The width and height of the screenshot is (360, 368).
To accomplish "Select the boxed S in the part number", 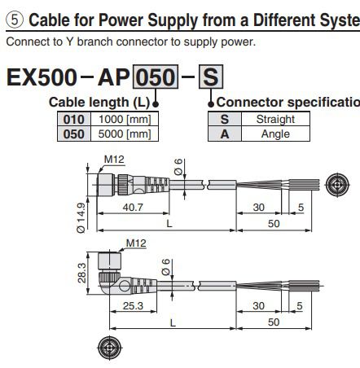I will pyautogui.click(x=210, y=78).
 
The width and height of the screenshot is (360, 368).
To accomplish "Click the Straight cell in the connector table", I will pyautogui.click(x=274, y=119).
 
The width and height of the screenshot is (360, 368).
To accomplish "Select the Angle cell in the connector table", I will pyautogui.click(x=274, y=132).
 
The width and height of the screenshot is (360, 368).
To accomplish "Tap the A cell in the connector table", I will pyautogui.click(x=222, y=132).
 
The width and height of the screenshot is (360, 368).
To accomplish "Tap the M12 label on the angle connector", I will pyautogui.click(x=134, y=243).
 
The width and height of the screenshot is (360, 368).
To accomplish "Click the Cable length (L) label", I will pyautogui.click(x=99, y=102).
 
